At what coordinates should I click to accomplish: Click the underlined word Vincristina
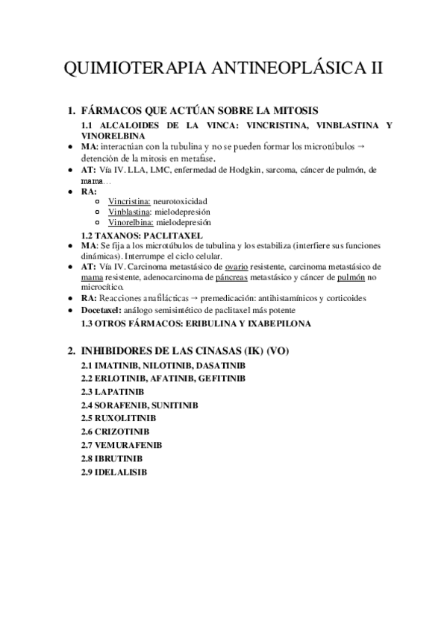click(129, 201)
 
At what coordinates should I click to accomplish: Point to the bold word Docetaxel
click(101, 309)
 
